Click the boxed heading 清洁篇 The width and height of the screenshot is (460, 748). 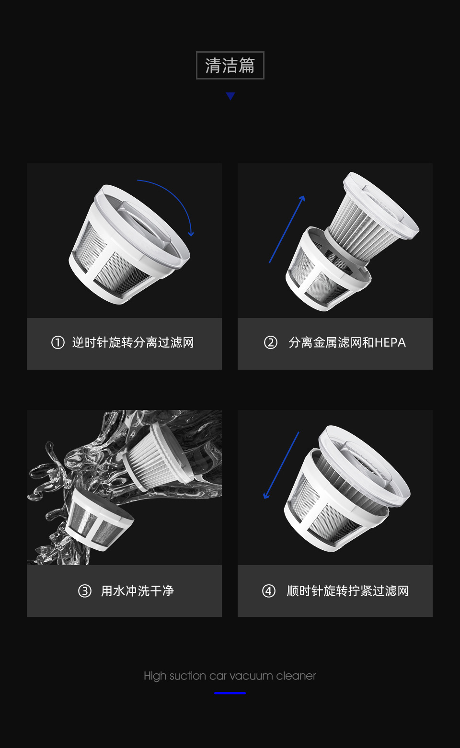click(230, 65)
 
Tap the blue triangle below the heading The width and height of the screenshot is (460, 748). click(230, 96)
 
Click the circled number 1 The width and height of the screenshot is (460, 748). click(58, 342)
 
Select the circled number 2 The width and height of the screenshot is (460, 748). click(271, 342)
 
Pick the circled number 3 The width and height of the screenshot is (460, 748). click(85, 591)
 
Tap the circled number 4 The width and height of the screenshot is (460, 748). click(269, 591)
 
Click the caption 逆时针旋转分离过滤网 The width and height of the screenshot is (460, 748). click(133, 342)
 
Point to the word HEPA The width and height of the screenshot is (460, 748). click(390, 342)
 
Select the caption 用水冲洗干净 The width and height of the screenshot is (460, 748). click(138, 591)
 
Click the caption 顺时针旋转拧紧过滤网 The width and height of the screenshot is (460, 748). click(347, 591)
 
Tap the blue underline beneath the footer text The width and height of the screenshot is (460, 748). click(230, 693)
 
